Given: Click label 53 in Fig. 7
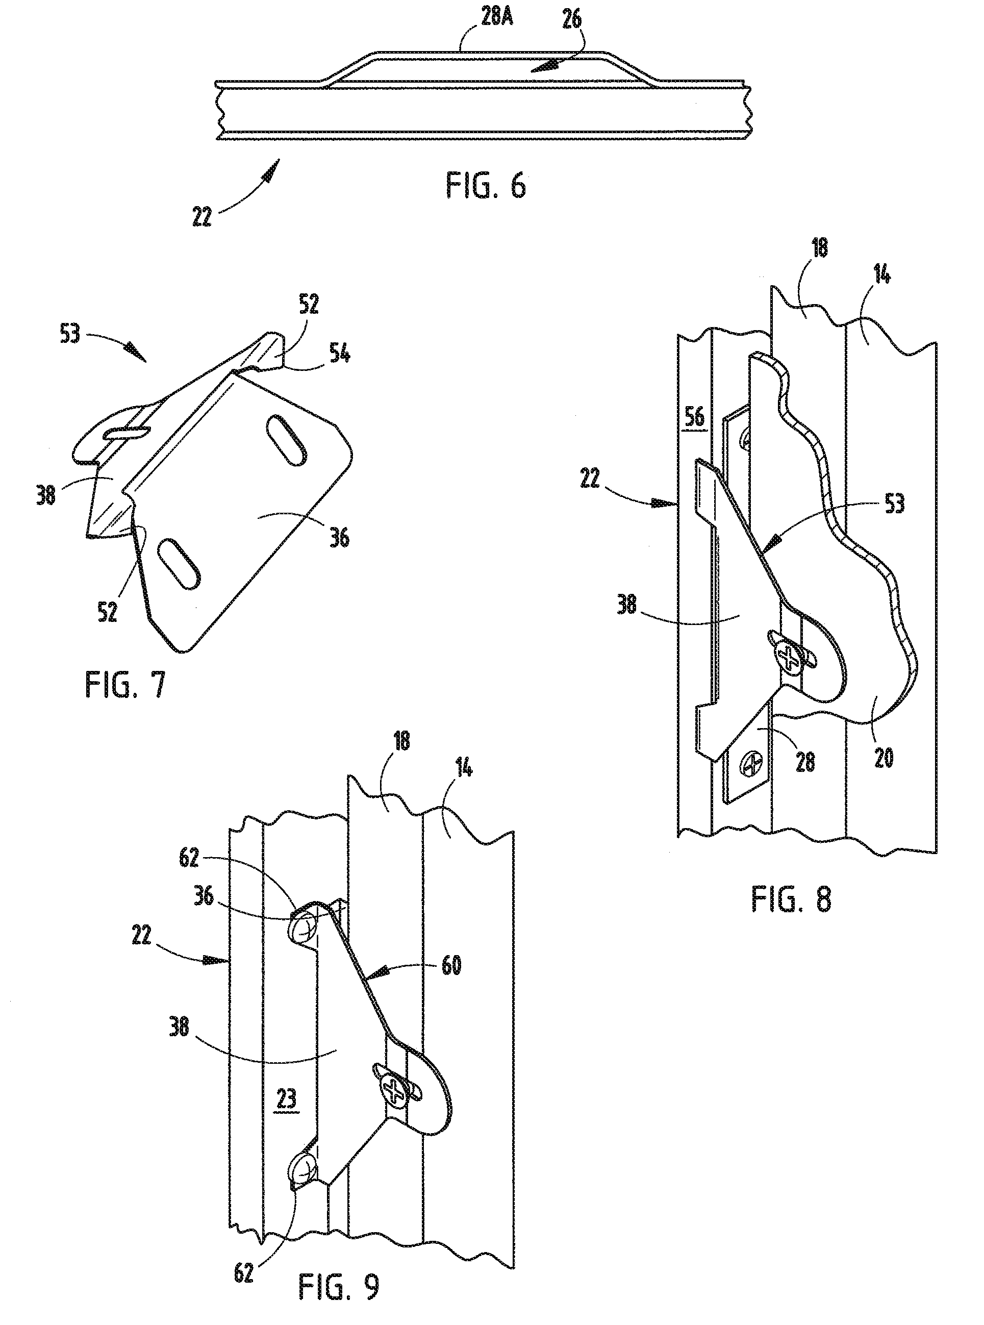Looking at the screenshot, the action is (x=70, y=334).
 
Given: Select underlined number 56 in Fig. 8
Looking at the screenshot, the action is (x=695, y=416).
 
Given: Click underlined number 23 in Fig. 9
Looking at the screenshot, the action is (x=287, y=1098).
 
